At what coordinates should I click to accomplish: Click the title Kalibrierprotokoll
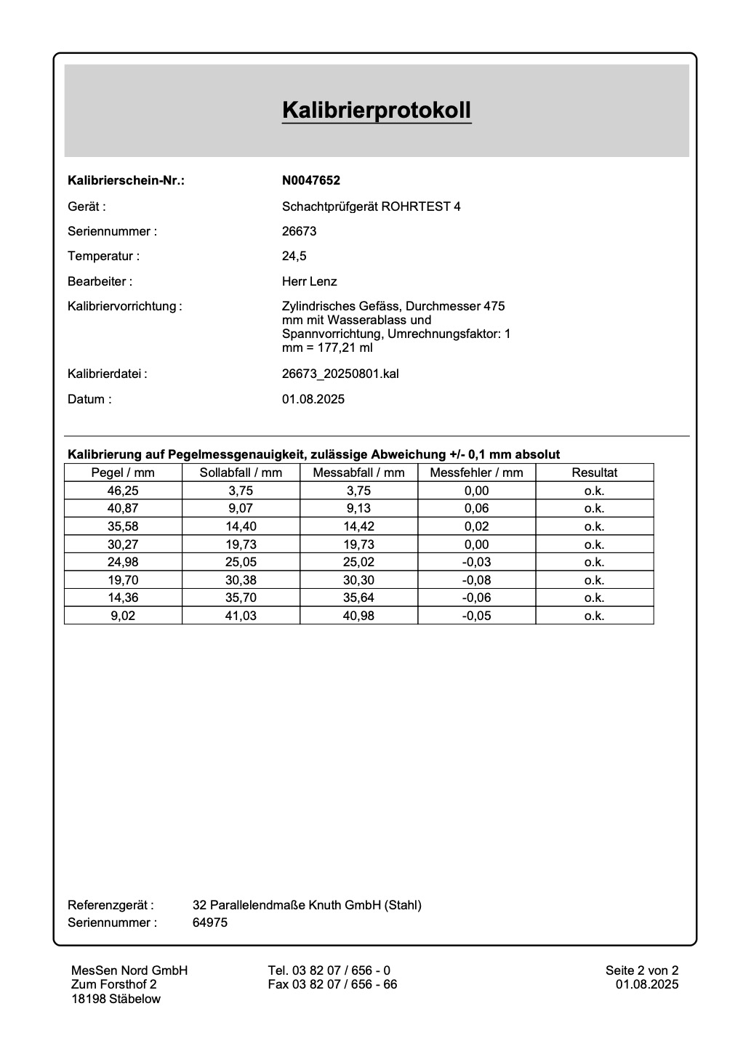tap(377, 110)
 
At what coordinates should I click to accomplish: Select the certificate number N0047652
tap(311, 181)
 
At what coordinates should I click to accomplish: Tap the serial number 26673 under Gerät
tap(299, 231)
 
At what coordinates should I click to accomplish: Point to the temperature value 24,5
tap(294, 256)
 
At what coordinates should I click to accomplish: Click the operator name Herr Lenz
tap(309, 281)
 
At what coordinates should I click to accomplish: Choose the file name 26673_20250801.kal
tap(340, 374)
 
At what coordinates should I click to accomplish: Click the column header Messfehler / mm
tap(476, 472)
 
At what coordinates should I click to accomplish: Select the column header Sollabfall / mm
tap(241, 472)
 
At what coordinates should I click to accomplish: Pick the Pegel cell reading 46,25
tap(123, 491)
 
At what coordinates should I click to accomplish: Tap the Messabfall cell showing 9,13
tap(358, 509)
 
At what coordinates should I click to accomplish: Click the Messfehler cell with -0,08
tap(476, 580)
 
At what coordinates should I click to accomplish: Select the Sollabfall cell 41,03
tap(241, 616)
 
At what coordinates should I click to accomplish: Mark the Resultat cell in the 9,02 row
tap(594, 616)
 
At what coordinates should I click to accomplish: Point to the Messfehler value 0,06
tap(476, 509)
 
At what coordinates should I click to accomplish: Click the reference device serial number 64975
tap(210, 923)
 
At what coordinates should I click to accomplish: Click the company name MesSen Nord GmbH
tap(129, 970)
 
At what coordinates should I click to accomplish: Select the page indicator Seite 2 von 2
tap(642, 970)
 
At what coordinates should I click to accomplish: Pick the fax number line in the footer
tap(332, 985)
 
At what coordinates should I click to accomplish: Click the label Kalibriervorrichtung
tap(124, 307)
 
